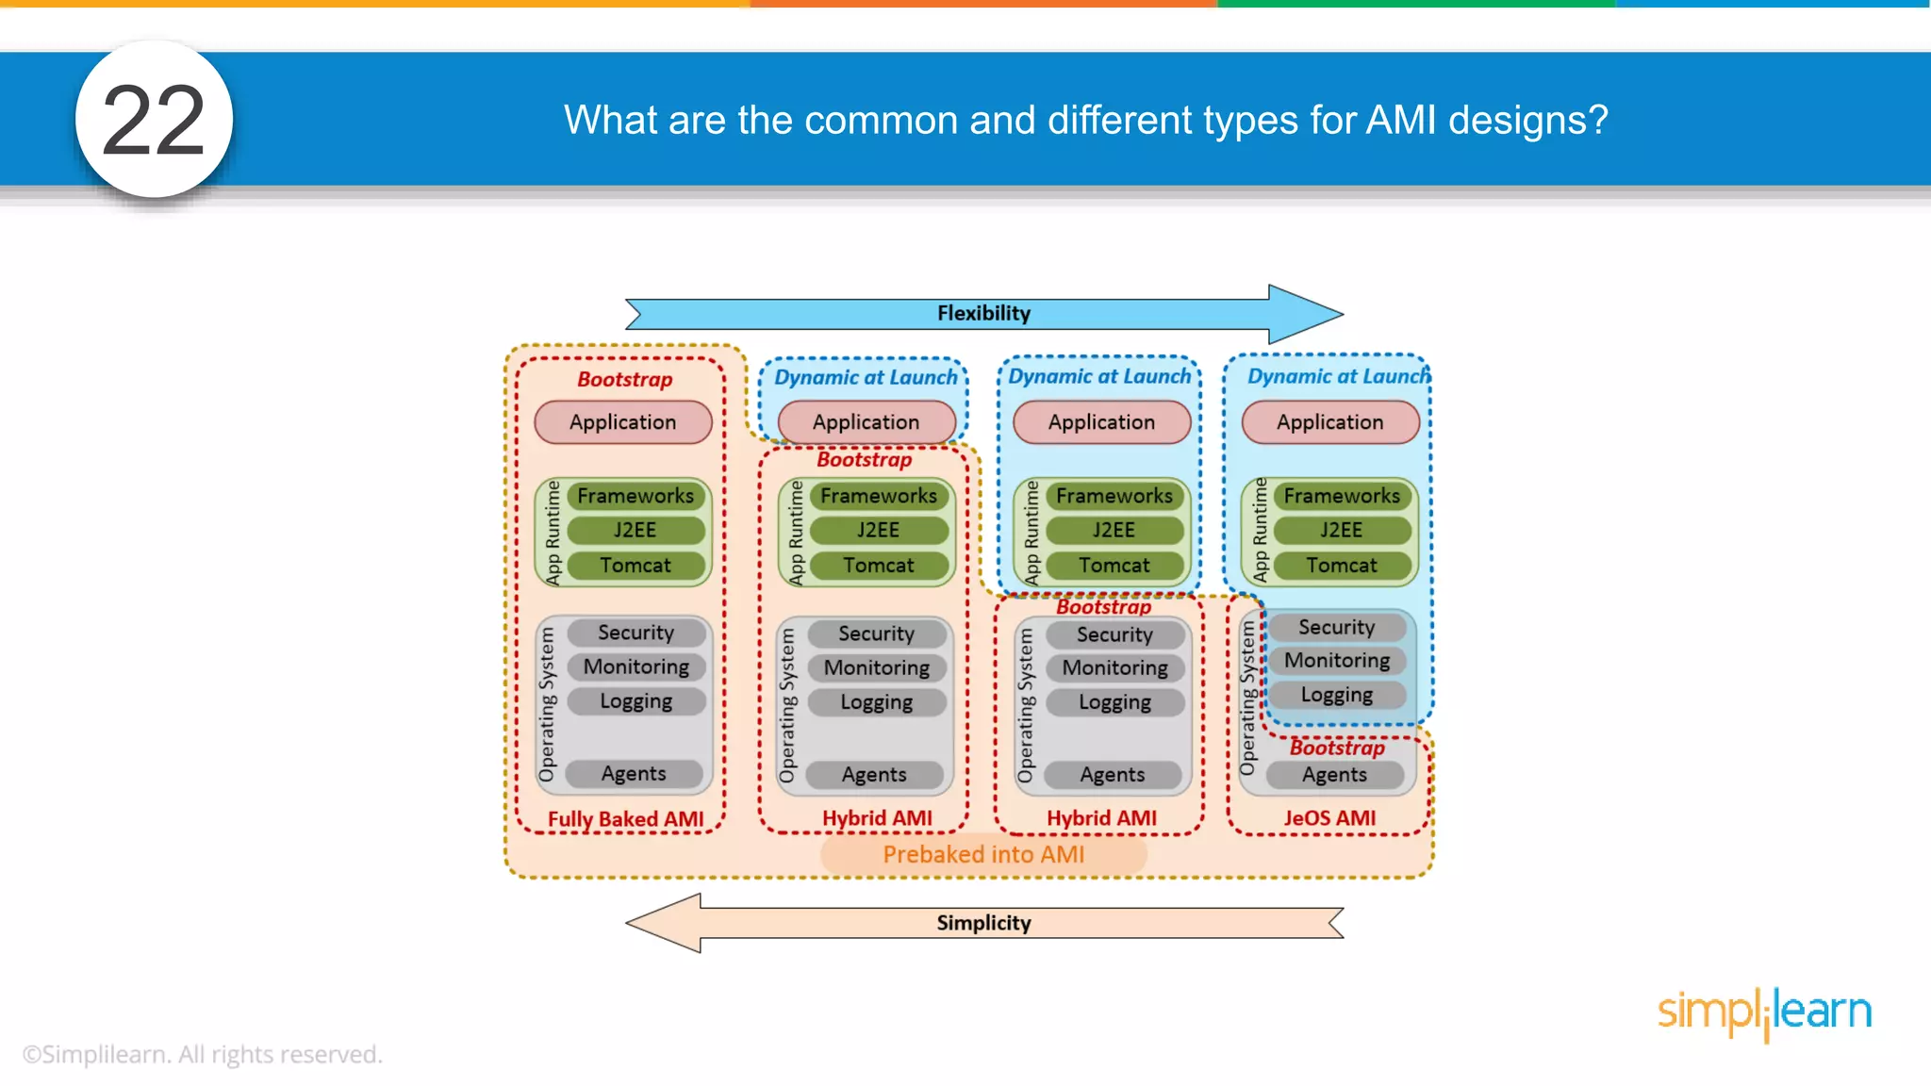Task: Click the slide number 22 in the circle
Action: coord(154,121)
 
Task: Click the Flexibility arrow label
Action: coord(983,313)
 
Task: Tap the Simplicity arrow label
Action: coord(983,923)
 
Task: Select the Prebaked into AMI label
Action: coord(983,854)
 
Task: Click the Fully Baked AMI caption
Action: coord(625,819)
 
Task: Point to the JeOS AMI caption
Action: coord(1329,818)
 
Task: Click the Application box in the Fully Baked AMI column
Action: coord(622,422)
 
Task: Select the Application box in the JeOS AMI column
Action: coord(1329,422)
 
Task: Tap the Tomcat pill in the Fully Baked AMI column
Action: coord(635,566)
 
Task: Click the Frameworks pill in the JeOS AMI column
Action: coord(1342,496)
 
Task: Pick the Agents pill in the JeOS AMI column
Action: coord(1334,775)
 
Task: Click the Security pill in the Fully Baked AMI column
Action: coord(636,633)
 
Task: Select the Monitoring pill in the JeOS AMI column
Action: coord(1337,661)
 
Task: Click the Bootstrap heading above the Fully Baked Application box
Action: coord(624,380)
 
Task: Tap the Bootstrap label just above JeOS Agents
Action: coord(1337,748)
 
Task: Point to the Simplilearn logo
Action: coord(1764,1012)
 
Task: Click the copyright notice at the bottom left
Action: coord(203,1054)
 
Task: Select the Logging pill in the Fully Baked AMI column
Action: coord(636,701)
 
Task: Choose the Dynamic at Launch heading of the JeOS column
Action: coord(1338,377)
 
